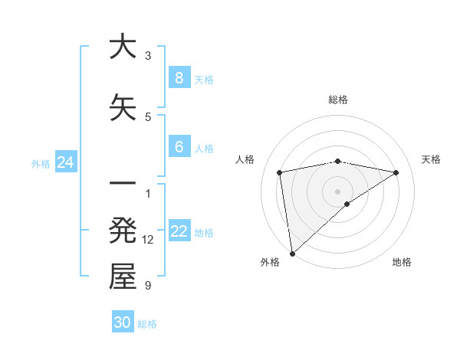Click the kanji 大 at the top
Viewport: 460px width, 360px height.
(123, 47)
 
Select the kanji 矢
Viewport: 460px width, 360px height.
(123, 108)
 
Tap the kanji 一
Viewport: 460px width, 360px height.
(123, 184)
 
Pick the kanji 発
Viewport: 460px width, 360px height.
(123, 231)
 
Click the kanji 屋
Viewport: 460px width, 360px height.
(123, 277)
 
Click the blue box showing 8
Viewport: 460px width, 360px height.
(179, 77)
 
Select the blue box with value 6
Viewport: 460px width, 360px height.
(179, 146)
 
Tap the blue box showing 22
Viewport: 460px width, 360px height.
(179, 231)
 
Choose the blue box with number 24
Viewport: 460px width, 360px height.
(66, 162)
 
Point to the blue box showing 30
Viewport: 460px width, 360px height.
(123, 322)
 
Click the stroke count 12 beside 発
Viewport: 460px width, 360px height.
(148, 240)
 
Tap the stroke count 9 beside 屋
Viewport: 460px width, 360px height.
(148, 286)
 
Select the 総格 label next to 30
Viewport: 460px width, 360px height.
(147, 324)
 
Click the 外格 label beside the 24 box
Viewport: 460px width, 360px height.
(41, 163)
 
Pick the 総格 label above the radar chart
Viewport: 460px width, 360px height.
(338, 100)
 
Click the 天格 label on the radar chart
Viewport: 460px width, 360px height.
(432, 159)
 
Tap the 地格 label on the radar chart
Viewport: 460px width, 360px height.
(402, 263)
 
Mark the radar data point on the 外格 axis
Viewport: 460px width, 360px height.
(291, 253)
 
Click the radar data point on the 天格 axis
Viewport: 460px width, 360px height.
(396, 172)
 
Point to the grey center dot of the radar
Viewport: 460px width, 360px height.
(338, 191)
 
